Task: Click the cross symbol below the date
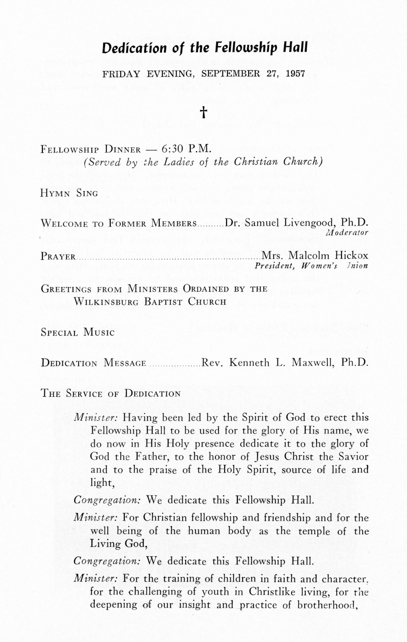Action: (x=203, y=112)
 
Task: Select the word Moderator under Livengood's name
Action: (x=347, y=233)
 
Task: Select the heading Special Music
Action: (x=78, y=333)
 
